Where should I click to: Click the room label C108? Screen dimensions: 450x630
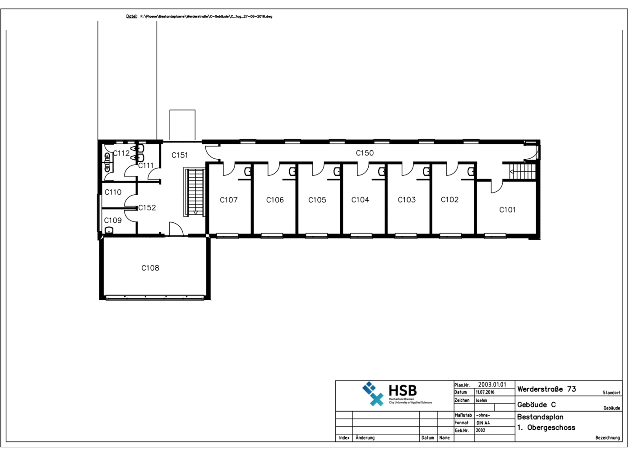(150, 268)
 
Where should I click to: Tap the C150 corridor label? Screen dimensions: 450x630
(365, 153)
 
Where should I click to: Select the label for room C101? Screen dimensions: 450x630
(507, 210)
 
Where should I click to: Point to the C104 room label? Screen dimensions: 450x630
(360, 200)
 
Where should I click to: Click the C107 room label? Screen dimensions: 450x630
(229, 200)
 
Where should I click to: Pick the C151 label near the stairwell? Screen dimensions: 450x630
(180, 155)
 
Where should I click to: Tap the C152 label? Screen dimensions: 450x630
(147, 207)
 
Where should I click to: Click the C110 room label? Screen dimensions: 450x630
(113, 192)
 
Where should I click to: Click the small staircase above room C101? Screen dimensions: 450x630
(523, 172)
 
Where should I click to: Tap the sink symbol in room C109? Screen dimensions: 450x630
(109, 230)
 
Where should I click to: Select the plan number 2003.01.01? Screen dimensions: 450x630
(492, 385)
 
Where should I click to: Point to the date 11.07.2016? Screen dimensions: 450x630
(485, 392)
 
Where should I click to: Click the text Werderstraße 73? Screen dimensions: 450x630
(547, 389)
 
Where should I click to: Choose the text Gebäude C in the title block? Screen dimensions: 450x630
(537, 404)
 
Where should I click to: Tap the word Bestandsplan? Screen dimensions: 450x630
(540, 417)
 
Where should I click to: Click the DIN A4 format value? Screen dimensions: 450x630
(483, 423)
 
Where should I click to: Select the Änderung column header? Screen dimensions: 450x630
(365, 438)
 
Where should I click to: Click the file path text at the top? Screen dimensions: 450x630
(206, 16)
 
